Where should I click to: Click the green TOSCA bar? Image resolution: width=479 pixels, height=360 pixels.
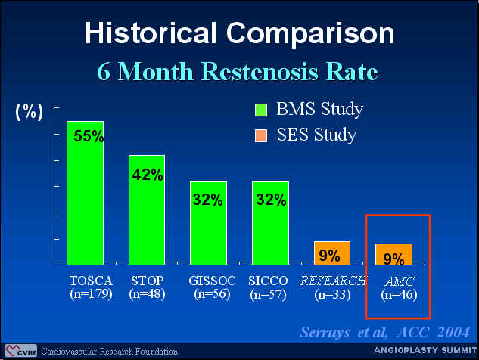pos(86,193)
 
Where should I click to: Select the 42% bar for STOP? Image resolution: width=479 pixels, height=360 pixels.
pos(147,209)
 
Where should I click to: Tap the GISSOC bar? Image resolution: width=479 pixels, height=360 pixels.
pos(208,223)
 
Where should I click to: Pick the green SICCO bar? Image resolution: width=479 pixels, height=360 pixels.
pos(270,223)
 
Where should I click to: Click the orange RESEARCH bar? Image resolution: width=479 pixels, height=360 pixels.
pos(332,253)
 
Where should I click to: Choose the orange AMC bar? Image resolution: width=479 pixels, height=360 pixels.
pos(393,254)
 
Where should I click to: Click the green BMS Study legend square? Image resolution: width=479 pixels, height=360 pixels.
pos(261,110)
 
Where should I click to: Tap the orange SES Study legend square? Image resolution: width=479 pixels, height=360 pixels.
pos(261,135)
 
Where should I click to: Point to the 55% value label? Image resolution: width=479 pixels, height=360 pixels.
pos(89,136)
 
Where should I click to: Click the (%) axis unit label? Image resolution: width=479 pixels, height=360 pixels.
pos(29,112)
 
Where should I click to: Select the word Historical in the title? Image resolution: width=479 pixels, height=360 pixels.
pos(151,33)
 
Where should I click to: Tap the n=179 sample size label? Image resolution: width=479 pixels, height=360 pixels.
pos(91,294)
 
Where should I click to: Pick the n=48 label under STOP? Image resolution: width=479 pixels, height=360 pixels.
pos(147,294)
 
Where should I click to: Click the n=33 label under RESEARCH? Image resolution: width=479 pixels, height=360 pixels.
pos(332,295)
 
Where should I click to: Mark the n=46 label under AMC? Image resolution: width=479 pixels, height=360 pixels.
pos(399,295)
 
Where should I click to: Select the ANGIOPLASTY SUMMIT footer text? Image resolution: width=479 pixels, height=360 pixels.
pos(425,350)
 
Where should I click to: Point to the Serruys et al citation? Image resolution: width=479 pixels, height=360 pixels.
pos(384,332)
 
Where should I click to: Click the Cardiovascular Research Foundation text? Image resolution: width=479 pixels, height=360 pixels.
pos(110,352)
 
